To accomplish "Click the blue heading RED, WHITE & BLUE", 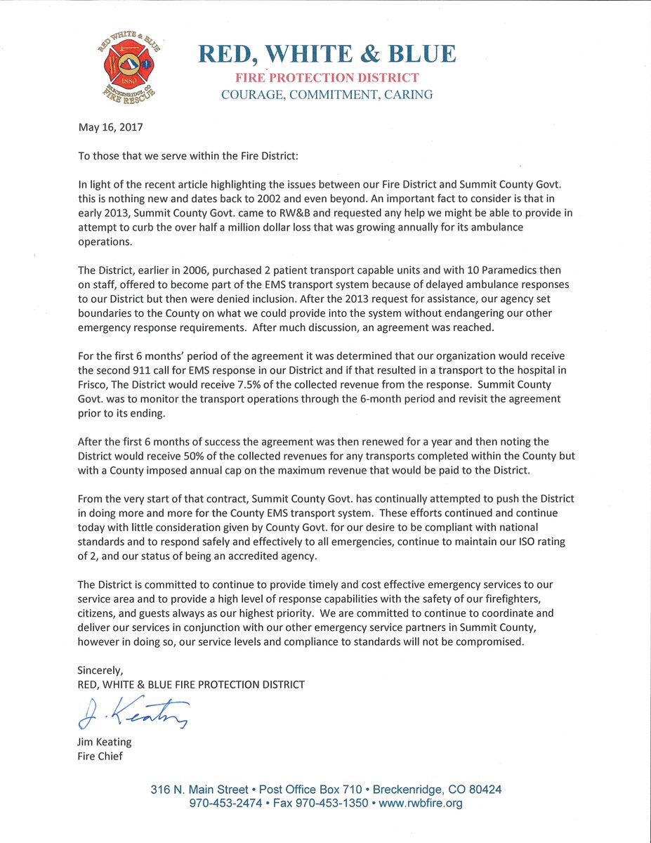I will tap(327, 54).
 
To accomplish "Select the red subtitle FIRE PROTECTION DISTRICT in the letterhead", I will tap(327, 77).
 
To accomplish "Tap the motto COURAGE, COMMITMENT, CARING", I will tap(327, 94).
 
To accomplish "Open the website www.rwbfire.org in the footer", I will tap(421, 803).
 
